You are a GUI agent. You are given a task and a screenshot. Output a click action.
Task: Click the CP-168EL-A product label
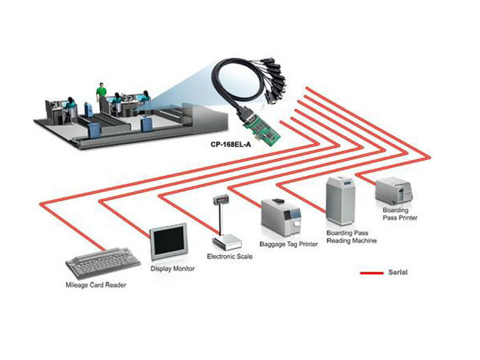(231, 144)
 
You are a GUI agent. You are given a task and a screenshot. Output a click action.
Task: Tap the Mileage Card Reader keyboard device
(103, 263)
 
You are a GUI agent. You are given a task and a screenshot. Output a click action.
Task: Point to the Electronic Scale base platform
(227, 242)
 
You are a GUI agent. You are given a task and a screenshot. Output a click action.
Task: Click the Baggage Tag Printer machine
(280, 217)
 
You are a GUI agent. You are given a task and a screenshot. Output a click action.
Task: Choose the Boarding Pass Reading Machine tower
(340, 200)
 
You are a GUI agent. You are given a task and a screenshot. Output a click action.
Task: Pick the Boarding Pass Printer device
(394, 191)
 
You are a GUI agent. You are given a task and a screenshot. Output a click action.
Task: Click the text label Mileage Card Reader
(96, 285)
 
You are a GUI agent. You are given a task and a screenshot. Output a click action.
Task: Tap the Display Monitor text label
(173, 269)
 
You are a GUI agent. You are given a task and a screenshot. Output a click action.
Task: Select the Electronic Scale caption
(230, 256)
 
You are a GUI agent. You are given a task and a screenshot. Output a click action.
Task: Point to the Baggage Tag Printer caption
(289, 244)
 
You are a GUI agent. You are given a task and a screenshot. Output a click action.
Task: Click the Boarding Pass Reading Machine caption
(351, 237)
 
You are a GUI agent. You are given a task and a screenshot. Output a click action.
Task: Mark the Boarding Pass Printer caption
(400, 214)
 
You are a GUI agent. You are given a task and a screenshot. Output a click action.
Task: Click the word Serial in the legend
(398, 272)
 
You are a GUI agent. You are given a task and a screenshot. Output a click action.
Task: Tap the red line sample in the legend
(372, 273)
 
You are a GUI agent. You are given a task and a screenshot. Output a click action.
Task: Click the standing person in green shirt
(101, 94)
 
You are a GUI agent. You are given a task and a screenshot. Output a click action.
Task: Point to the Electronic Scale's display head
(220, 200)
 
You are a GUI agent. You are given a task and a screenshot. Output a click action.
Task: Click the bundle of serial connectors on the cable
(274, 80)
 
